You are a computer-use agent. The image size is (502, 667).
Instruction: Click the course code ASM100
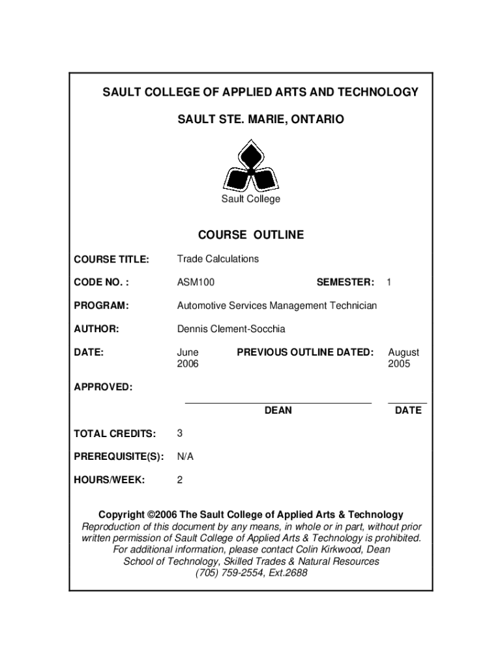(196, 282)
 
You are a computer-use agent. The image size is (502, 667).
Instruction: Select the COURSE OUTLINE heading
(251, 235)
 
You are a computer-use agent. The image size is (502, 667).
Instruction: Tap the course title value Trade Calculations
(218, 259)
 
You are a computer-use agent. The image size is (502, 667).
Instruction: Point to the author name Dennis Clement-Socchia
(231, 329)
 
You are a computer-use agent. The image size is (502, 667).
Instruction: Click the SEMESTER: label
(345, 282)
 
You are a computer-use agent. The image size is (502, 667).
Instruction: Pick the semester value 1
(389, 282)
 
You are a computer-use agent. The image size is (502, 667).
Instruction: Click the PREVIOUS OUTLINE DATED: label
(305, 352)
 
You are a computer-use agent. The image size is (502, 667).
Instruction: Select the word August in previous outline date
(404, 352)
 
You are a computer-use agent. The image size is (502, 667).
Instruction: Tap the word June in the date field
(188, 352)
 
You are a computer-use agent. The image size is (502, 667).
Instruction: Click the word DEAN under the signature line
(278, 410)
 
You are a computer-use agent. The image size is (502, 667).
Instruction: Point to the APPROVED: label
(103, 388)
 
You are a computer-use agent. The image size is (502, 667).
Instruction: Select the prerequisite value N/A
(185, 457)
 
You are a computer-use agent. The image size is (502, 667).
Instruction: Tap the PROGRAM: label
(101, 305)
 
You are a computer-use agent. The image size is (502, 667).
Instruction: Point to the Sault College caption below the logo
(250, 199)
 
